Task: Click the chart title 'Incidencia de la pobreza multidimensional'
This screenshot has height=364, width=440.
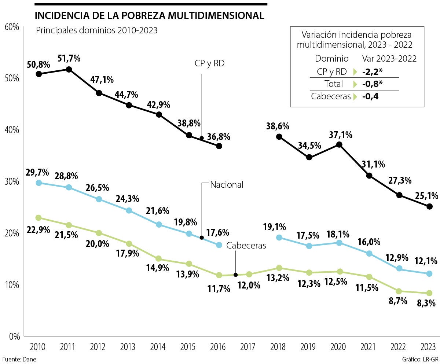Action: point(149,16)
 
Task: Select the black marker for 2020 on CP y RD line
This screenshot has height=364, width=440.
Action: point(339,144)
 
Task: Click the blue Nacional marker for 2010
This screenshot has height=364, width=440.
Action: point(39,183)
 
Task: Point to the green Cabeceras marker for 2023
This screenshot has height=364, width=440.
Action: point(429,293)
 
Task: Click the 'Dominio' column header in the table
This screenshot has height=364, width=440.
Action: point(331,59)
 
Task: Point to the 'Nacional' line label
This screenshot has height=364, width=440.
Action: point(227,184)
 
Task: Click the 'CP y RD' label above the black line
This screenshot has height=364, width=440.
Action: point(209,63)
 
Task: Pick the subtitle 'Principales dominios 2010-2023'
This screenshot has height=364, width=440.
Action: point(96,30)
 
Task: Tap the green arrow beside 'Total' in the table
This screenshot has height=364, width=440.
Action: point(355,84)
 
